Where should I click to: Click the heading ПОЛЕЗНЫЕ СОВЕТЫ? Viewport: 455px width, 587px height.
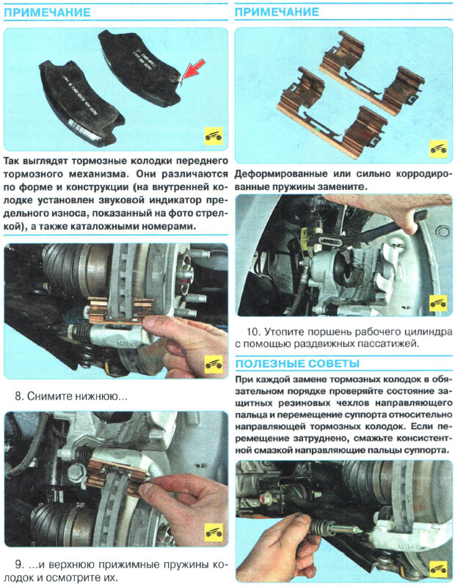point(297,363)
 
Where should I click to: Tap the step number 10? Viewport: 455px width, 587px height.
point(252,332)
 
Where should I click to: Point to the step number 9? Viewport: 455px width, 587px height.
point(19,564)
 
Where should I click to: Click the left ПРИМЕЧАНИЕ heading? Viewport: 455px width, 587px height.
point(47,12)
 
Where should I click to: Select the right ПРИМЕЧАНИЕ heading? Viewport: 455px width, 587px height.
point(277,12)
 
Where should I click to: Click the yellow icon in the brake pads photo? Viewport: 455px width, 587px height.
point(214,136)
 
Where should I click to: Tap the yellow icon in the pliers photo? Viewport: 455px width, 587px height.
point(439,304)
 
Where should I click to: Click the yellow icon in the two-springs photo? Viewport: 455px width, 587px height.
point(439,149)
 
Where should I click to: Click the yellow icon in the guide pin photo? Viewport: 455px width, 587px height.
point(439,570)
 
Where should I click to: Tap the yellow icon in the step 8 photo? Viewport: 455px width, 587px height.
point(214,364)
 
